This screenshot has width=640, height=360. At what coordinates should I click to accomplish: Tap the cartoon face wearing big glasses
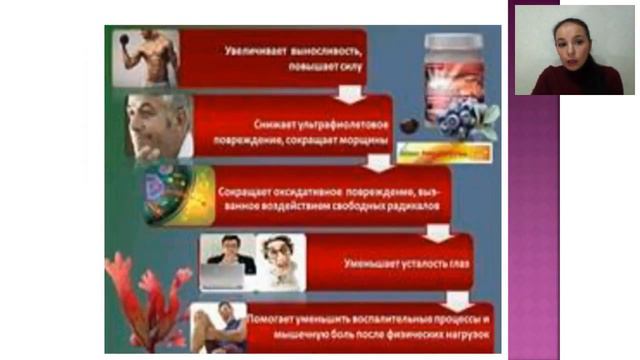[279, 262]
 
